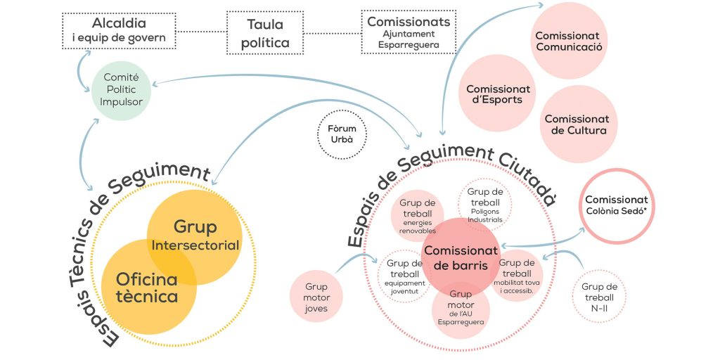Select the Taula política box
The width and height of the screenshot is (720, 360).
(264, 33)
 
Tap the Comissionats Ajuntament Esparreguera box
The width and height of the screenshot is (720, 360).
(409, 32)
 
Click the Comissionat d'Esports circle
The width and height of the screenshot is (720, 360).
(498, 94)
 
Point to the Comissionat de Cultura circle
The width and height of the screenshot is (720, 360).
(577, 124)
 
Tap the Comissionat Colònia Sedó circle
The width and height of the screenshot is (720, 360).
(616, 205)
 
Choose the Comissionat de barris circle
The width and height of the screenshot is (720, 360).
(461, 257)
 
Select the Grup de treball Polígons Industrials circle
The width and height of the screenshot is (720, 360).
(485, 204)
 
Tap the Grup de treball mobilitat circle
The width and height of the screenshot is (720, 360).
(519, 275)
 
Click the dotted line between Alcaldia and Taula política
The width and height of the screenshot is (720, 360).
(200, 32)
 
